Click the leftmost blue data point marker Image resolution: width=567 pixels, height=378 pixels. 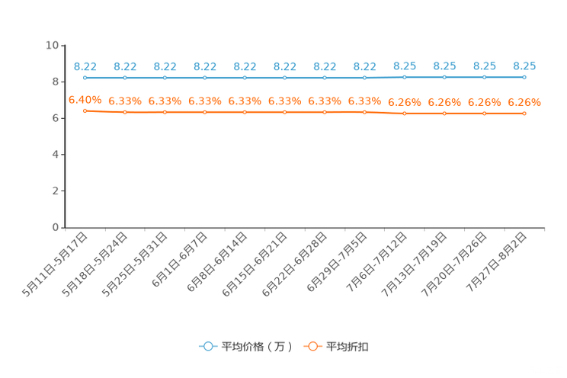85,77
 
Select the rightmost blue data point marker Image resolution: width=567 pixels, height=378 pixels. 524,76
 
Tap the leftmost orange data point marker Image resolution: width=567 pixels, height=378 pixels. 85,111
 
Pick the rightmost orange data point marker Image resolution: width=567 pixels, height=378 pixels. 524,114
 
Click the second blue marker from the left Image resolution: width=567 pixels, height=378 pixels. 125,78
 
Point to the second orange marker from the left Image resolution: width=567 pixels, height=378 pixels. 125,112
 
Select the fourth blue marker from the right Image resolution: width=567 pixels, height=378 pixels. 405,76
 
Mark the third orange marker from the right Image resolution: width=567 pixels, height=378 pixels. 444,114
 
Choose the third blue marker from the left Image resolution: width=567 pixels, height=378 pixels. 165,78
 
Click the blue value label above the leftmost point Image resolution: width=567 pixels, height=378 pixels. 85,66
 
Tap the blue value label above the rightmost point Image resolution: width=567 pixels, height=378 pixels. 524,65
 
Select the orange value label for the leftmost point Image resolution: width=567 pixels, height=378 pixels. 85,100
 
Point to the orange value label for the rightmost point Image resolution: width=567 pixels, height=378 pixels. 524,102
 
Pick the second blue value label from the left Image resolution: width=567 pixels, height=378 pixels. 125,66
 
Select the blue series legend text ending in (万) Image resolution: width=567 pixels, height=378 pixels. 256,347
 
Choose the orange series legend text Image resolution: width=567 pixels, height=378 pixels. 348,347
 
